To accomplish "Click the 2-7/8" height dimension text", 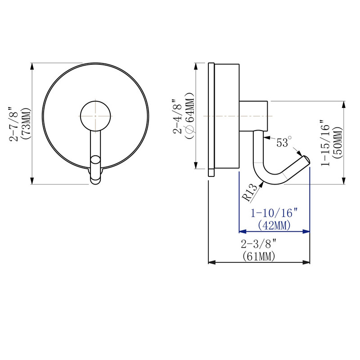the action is pyautogui.click(x=13, y=124).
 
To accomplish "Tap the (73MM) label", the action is pyautogui.click(x=25, y=123).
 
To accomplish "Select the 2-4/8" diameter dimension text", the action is pyautogui.click(x=177, y=117).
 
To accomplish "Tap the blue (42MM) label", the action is pyautogui.click(x=274, y=225).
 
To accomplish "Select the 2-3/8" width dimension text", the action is pyautogui.click(x=259, y=244).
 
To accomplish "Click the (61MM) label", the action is pyautogui.click(x=259, y=256).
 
